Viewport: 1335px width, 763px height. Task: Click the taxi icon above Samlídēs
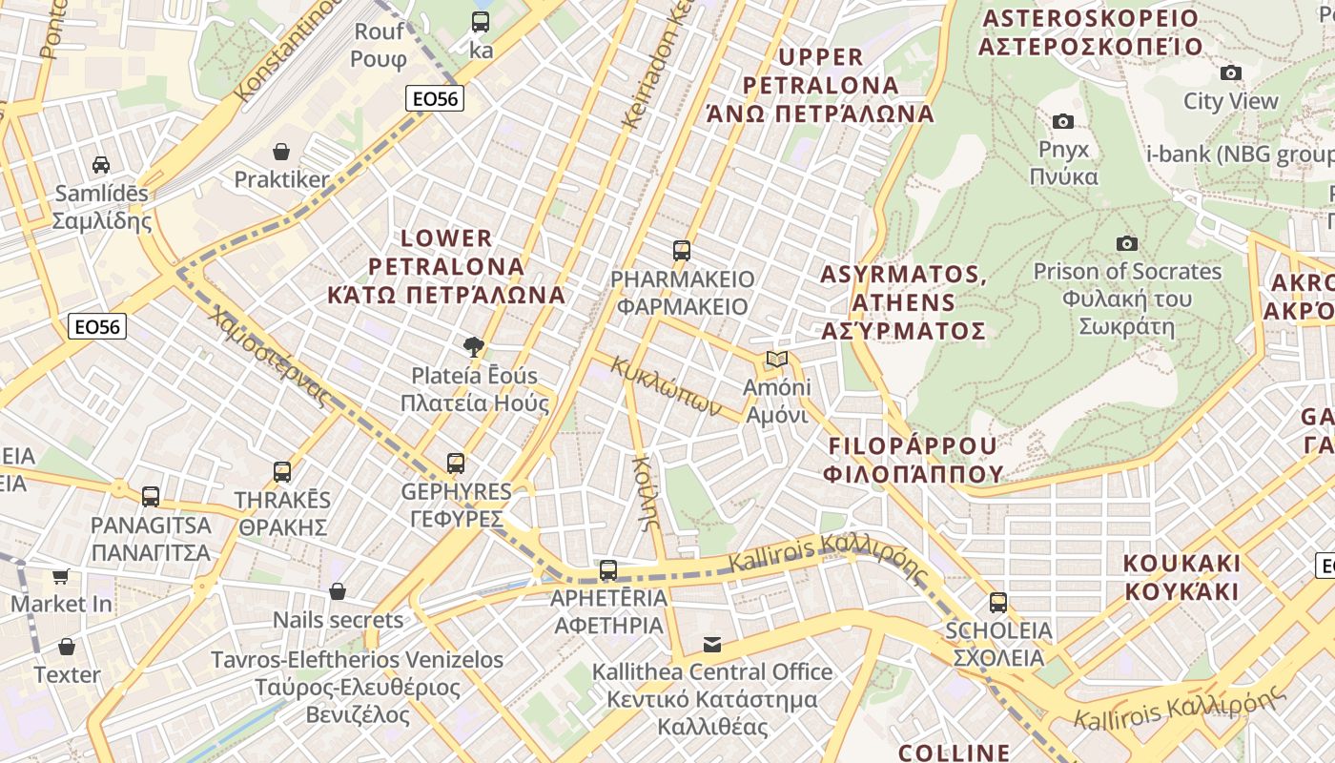(101, 164)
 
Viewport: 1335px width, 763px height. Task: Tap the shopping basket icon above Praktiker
(281, 151)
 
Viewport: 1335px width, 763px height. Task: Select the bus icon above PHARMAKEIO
(681, 251)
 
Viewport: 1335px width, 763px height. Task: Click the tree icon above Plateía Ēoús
(473, 346)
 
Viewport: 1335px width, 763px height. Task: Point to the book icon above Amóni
(777, 360)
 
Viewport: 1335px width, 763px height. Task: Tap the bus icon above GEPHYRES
(456, 464)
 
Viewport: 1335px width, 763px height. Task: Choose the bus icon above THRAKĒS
(282, 471)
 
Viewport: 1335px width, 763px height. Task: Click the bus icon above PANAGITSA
(151, 496)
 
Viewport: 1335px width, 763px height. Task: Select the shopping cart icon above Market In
(61, 576)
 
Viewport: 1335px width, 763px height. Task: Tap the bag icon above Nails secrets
(338, 591)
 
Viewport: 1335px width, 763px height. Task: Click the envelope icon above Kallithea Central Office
(712, 644)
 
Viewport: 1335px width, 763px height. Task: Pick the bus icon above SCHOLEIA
(998, 602)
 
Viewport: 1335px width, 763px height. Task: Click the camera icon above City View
(1231, 72)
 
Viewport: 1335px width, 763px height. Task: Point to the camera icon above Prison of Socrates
(1127, 243)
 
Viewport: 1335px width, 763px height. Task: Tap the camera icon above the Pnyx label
(1063, 121)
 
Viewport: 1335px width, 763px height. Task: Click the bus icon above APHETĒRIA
(608, 570)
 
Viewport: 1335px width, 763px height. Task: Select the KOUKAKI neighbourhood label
(1181, 576)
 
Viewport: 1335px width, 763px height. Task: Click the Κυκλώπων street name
(666, 385)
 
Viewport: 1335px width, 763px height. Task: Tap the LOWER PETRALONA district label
(446, 266)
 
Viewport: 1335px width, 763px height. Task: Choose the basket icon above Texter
(67, 647)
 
